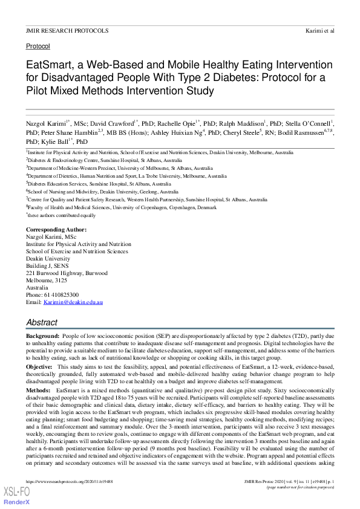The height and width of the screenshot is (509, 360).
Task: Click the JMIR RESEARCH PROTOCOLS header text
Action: (67, 30)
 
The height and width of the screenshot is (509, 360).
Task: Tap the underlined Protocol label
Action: (38, 46)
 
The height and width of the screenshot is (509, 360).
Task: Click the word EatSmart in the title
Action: (48, 65)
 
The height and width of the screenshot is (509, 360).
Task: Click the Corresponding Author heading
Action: (56, 230)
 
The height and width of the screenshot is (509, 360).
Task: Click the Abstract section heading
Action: (42, 322)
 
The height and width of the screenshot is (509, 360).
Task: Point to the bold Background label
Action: (42, 335)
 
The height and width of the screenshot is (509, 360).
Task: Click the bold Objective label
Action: (39, 366)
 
